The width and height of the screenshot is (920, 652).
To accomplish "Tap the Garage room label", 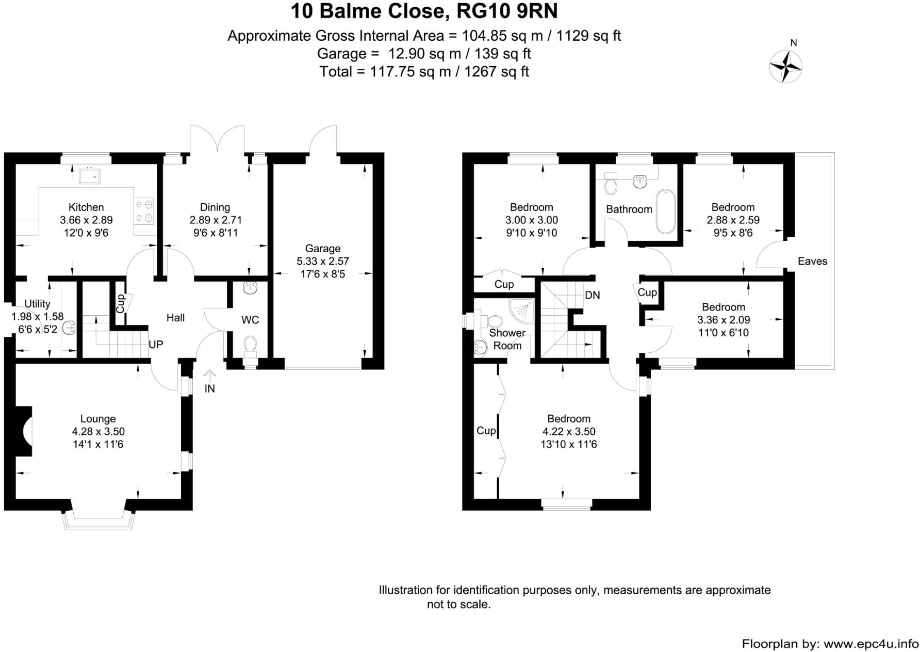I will (x=322, y=249).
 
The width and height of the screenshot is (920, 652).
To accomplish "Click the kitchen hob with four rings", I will (x=144, y=211).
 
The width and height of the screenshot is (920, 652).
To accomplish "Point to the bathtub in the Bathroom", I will (x=665, y=212).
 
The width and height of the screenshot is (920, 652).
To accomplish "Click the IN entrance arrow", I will (x=209, y=375).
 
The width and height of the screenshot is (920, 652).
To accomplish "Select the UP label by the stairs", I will (x=156, y=344).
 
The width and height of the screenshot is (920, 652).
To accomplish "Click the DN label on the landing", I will (x=593, y=295).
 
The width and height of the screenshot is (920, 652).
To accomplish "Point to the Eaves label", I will (x=812, y=261).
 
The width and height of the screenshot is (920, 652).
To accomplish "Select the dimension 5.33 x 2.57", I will (x=322, y=262).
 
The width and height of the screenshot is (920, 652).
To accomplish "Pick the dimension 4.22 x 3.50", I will (x=568, y=432).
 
